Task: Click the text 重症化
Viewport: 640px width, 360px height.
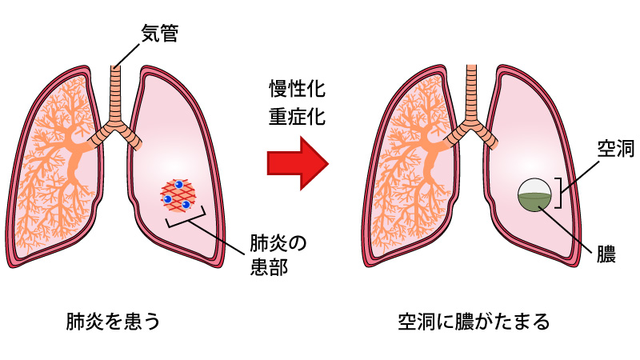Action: [296, 118]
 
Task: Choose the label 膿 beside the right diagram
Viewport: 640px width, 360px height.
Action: [606, 254]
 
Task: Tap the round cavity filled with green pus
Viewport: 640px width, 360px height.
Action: [534, 195]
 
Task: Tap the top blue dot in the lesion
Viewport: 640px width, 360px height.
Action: [180, 185]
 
